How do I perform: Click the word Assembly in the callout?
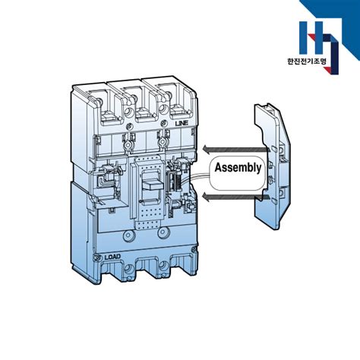coord(238,168)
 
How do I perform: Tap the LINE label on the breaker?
coord(182,124)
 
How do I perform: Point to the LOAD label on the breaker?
coord(112,257)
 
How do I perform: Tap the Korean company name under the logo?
coord(307,62)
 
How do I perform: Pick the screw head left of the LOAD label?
coord(97,257)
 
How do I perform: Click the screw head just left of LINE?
coord(164,124)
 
